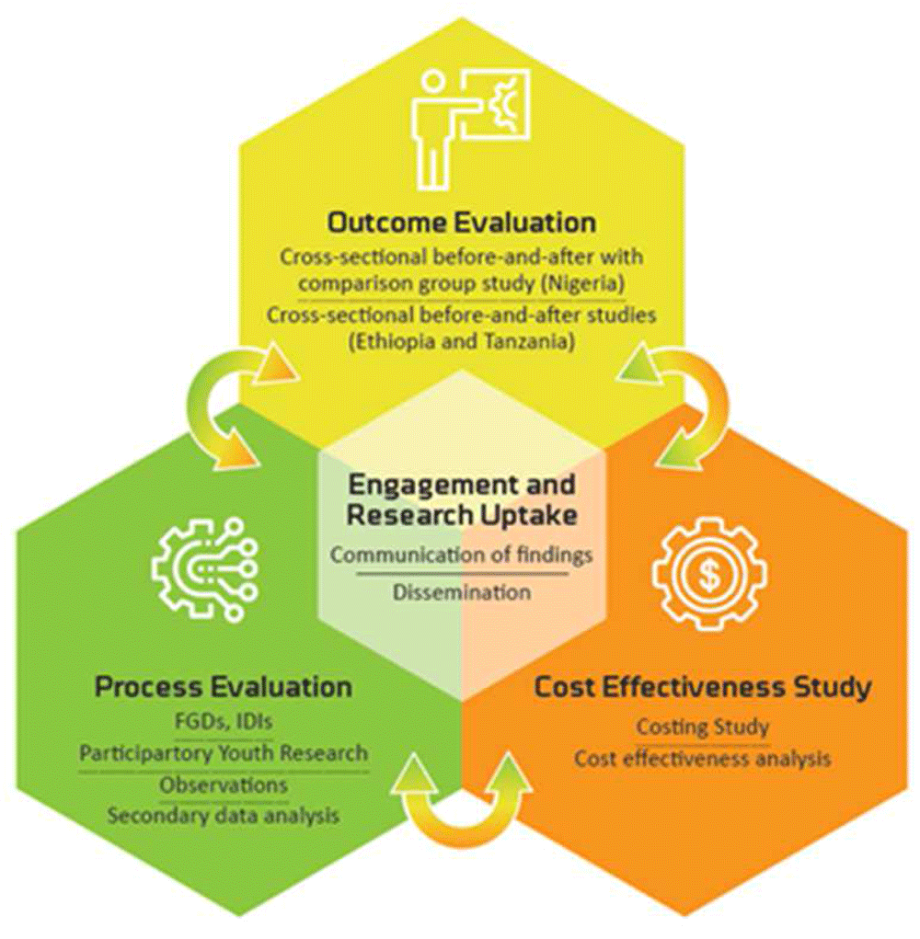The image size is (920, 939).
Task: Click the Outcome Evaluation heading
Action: [462, 223]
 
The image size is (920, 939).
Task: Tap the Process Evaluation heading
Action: [224, 687]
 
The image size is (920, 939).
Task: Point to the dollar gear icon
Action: [708, 574]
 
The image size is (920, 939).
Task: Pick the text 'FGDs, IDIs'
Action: [224, 722]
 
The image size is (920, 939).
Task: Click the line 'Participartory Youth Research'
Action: [224, 753]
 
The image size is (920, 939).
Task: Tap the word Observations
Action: [224, 784]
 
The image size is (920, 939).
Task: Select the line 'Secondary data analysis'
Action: [224, 815]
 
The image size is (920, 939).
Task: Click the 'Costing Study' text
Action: [703, 727]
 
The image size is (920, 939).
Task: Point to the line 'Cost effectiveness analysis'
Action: [703, 759]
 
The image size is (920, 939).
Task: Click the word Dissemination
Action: [462, 591]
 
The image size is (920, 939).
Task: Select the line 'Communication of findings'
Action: [462, 555]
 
